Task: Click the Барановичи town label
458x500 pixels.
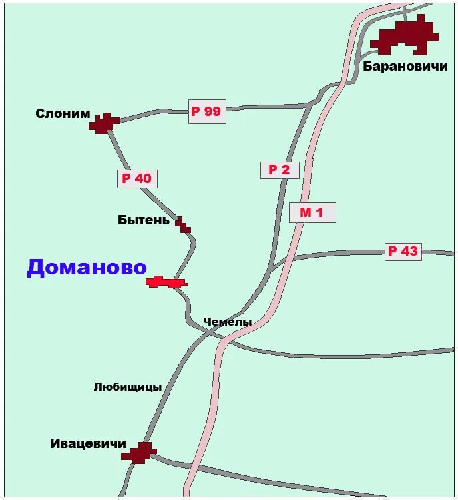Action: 405,66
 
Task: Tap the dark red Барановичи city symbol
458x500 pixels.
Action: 406,37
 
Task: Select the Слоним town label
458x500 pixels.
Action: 63,114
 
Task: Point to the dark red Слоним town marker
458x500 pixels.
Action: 103,123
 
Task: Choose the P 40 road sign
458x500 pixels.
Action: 137,178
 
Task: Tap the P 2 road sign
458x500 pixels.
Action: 280,170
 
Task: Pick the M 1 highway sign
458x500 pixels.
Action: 312,212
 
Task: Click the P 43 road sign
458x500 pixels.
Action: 403,251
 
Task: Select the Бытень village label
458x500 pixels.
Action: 144,220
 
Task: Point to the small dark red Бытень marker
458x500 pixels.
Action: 183,226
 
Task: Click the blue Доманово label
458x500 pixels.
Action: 87,267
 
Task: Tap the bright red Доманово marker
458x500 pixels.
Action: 166,282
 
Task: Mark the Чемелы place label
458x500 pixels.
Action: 227,322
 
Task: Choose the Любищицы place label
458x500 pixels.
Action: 128,387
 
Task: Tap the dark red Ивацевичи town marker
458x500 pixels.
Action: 140,453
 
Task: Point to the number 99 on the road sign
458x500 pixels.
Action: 212,111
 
